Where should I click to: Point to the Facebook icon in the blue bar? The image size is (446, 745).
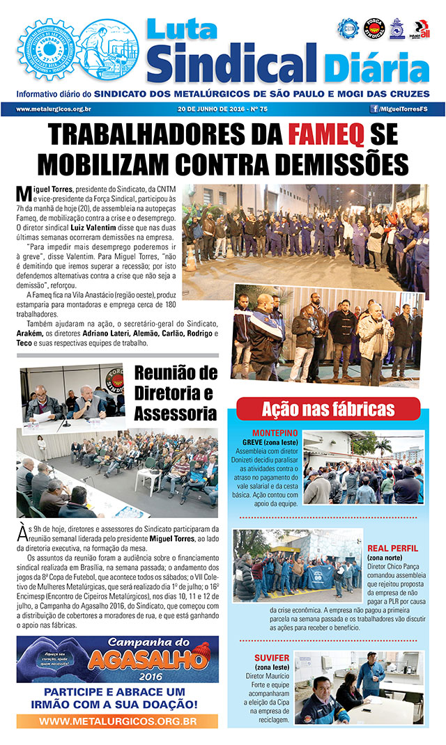coord(374,109)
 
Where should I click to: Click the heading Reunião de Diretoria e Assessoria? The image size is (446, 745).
coord(176,393)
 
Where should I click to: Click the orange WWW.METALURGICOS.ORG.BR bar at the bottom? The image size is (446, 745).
coord(117,721)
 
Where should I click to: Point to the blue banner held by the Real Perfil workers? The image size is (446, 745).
coord(320,574)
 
